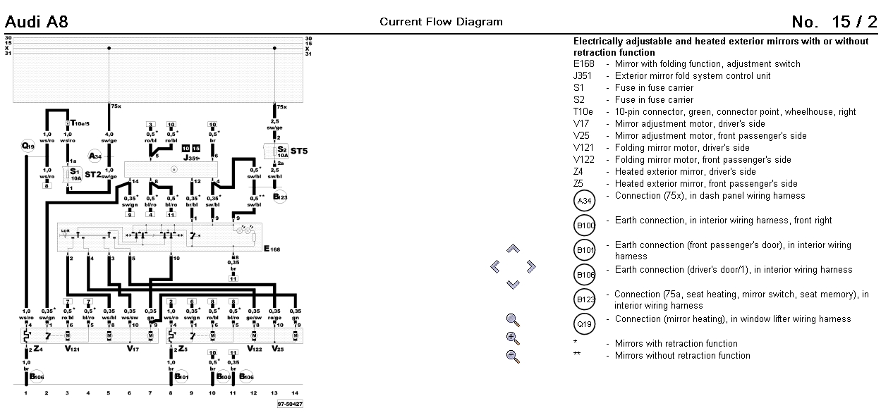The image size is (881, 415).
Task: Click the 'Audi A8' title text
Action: [x=37, y=22]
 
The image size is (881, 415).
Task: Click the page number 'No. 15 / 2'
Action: [x=834, y=22]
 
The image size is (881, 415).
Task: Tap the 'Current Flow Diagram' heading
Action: [x=441, y=22]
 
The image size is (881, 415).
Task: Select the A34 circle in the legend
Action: [x=585, y=202]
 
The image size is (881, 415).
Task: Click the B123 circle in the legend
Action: [x=585, y=299]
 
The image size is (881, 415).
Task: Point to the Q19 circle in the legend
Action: [x=585, y=324]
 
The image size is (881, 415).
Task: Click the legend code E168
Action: [x=584, y=64]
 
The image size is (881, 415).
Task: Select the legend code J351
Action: [x=583, y=76]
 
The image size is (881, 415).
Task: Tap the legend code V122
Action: [x=584, y=160]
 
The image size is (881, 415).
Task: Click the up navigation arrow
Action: [x=513, y=249]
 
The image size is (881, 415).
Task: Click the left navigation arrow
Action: [x=495, y=266]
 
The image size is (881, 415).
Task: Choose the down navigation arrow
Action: [x=513, y=284]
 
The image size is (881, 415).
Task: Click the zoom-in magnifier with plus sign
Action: [x=513, y=337]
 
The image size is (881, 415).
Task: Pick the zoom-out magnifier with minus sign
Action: [x=513, y=355]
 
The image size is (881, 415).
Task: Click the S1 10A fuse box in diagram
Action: [x=72, y=173]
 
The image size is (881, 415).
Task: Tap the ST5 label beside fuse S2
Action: [x=299, y=151]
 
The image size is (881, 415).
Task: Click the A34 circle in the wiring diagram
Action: [x=95, y=156]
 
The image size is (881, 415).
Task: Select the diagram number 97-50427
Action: [x=289, y=404]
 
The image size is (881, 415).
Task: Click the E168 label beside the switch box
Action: [x=271, y=249]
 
